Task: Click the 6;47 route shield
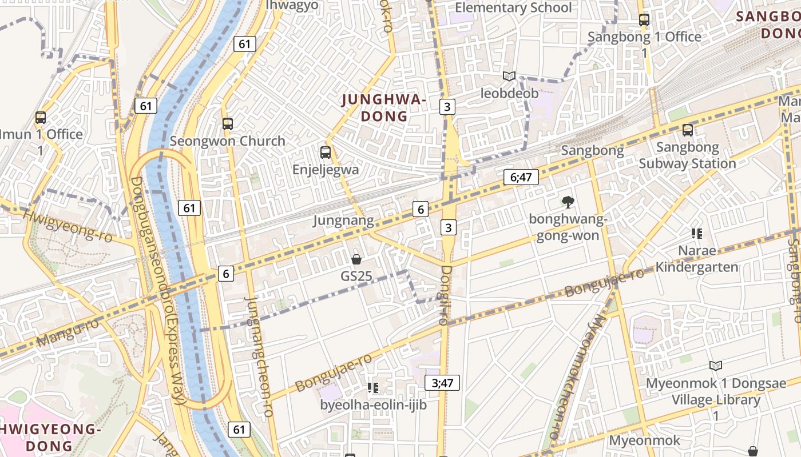[521, 177]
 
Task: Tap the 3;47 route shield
[442, 383]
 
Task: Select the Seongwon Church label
[227, 141]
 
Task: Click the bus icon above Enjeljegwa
[326, 153]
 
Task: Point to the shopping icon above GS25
[356, 259]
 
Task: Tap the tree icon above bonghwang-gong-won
[568, 202]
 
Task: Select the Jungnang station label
[343, 221]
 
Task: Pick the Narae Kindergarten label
[696, 259]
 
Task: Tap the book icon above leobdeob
[509, 76]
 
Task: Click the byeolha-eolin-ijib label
[373, 405]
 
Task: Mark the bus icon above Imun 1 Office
[41, 118]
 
